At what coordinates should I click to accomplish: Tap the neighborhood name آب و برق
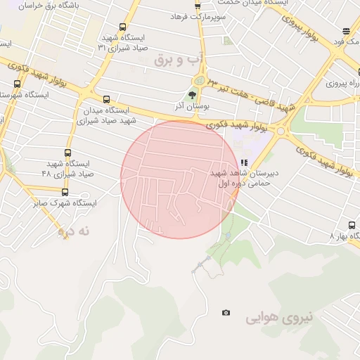(x=179, y=60)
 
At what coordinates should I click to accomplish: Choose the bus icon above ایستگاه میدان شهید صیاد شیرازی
(x=106, y=99)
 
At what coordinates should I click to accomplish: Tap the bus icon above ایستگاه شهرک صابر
(x=65, y=191)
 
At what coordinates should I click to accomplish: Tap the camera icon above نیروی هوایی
(x=226, y=313)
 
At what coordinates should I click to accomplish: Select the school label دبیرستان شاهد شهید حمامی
(x=245, y=177)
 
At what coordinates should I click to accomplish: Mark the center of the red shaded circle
(x=179, y=179)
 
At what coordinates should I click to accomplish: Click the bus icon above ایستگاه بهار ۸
(x=352, y=225)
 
